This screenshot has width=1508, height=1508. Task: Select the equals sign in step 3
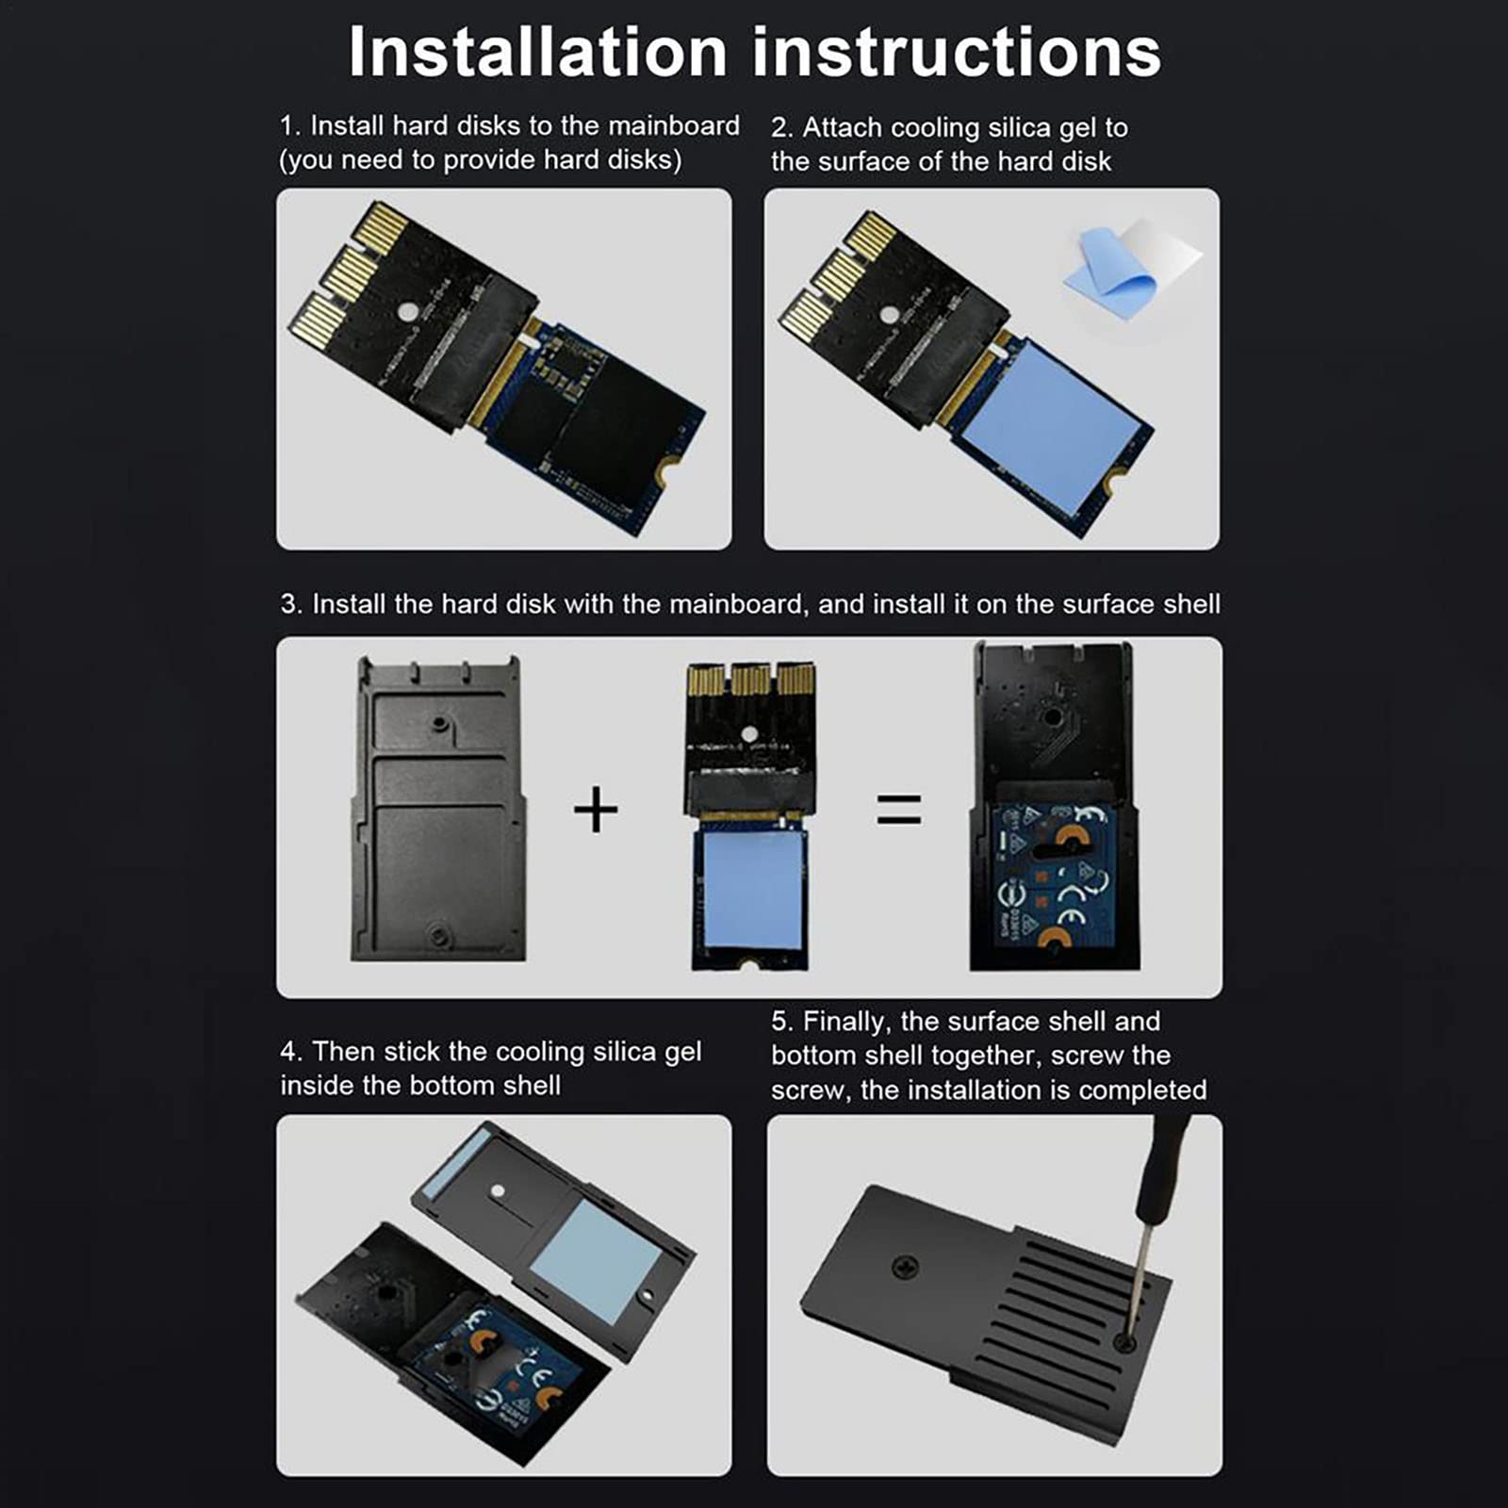coord(899,809)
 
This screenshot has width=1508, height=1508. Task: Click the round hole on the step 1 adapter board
coord(407,312)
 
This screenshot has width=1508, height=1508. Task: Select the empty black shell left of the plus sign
coord(438,809)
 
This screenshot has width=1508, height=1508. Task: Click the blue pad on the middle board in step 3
coord(752,891)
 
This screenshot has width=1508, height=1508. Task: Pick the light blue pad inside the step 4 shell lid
coord(595,1261)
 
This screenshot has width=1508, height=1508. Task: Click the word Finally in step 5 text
coord(847,1022)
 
